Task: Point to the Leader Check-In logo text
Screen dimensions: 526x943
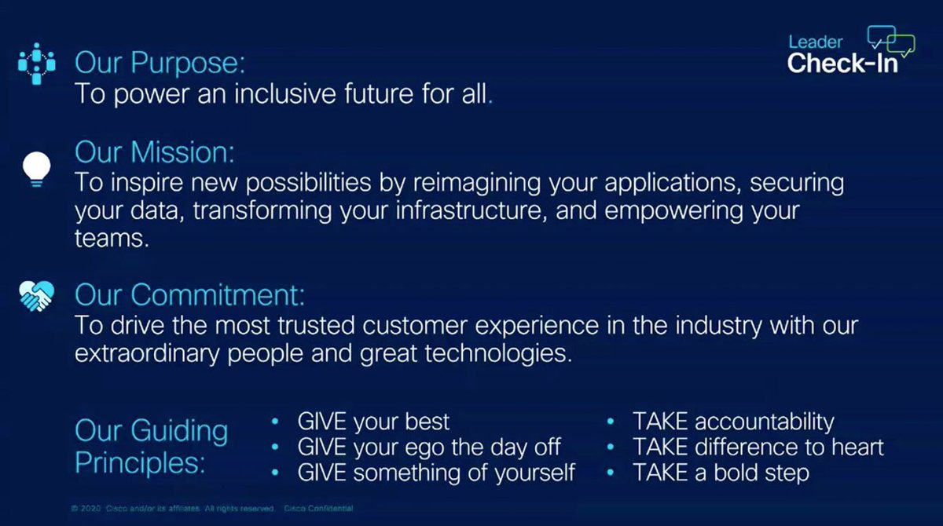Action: pos(842,57)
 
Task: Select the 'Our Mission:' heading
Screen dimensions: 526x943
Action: pos(155,151)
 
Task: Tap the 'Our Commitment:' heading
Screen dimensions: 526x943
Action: pos(189,295)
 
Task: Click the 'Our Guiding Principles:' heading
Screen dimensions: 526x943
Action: pos(152,446)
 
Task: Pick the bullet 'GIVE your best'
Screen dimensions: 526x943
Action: pos(373,421)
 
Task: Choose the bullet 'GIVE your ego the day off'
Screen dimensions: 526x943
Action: pos(428,447)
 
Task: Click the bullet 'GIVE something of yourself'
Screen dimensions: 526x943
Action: pos(435,473)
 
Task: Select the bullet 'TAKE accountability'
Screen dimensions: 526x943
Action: pos(733,421)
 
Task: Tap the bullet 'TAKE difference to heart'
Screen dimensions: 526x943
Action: pos(758,447)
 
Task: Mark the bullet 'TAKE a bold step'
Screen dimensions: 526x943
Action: pos(721,473)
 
